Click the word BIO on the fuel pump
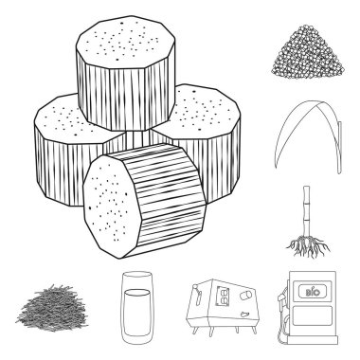[x=312, y=292]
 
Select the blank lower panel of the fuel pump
[x=313, y=315]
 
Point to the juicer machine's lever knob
[x=196, y=287]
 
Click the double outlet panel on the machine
[x=223, y=297]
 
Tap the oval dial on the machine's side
[x=245, y=296]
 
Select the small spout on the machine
[x=244, y=315]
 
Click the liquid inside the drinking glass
[x=136, y=312]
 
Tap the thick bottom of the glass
[x=137, y=339]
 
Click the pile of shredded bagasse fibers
[x=52, y=308]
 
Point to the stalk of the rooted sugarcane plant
[x=306, y=211]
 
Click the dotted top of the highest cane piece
[x=125, y=43]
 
